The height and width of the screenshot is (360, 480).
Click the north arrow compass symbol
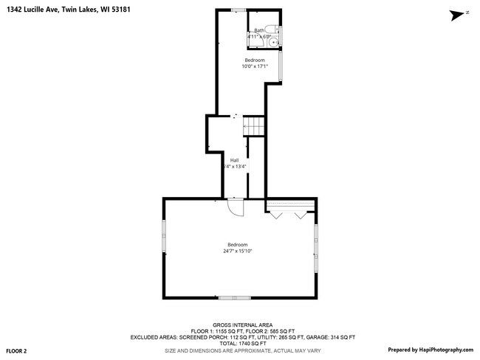[x=459, y=13]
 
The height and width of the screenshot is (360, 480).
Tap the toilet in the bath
[x=271, y=30]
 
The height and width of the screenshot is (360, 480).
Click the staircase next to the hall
[x=255, y=127]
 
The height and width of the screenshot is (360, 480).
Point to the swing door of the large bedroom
[x=236, y=208]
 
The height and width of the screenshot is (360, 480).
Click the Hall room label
[x=234, y=160]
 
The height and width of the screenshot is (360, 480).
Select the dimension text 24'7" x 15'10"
[x=238, y=251]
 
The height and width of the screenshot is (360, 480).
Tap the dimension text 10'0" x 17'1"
[x=255, y=66]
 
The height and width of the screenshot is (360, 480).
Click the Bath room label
[x=258, y=30]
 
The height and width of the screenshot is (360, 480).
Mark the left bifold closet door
[x=275, y=215]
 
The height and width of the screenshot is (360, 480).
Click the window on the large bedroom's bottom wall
[x=234, y=297]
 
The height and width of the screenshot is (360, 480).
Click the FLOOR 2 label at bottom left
[x=16, y=350]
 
